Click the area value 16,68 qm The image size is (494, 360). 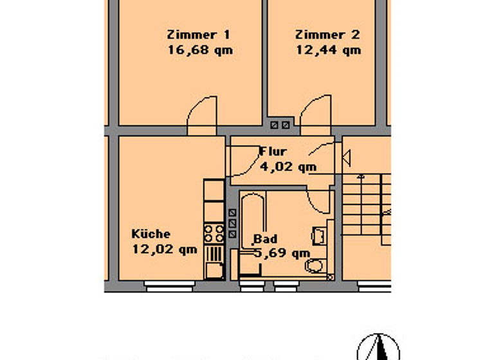pos(199,50)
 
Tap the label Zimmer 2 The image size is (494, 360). pos(327,35)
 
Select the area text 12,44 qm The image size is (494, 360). pos(328,50)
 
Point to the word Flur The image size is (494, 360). pos(273,152)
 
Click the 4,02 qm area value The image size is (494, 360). pos(288,166)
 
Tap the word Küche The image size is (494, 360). pos(151,234)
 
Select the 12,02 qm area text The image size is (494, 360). pos(164,249)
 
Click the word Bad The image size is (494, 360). pos(266,239)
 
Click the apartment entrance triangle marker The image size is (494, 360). pos(346,156)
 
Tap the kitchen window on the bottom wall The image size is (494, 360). pos(169,288)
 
